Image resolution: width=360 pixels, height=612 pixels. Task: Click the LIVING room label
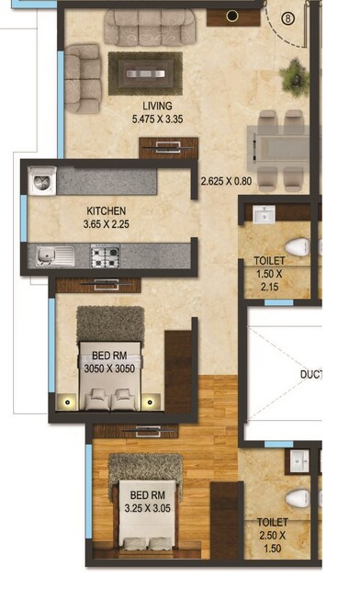click(157, 106)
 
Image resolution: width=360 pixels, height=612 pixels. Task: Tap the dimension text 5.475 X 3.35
click(157, 119)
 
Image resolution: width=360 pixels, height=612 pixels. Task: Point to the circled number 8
click(287, 16)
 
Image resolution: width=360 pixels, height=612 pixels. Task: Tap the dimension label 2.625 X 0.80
click(226, 181)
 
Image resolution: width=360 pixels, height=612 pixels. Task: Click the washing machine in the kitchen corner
click(43, 180)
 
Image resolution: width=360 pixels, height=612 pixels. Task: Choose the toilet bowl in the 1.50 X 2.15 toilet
click(296, 246)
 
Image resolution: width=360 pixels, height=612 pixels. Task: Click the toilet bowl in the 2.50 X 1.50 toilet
click(297, 499)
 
